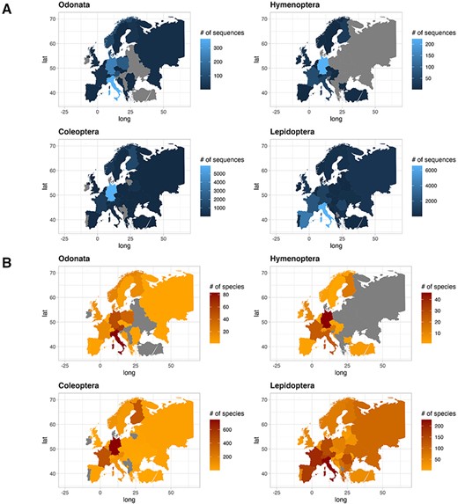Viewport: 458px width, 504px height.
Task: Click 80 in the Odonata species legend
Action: click(x=209, y=295)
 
